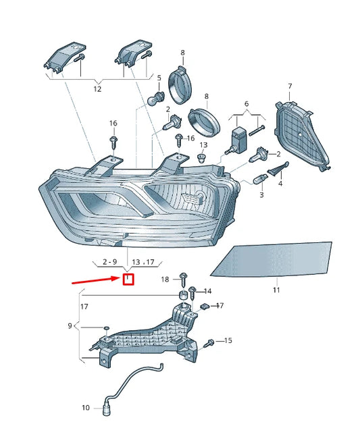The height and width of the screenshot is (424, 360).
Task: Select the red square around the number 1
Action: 128,279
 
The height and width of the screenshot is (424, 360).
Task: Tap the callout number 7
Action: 289,86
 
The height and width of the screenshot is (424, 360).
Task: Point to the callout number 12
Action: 97,89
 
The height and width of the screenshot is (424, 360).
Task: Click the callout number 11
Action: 276,290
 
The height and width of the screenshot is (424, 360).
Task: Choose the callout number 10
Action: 86,408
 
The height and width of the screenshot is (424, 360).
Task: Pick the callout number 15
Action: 228,341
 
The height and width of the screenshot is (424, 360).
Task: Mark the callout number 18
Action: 165,280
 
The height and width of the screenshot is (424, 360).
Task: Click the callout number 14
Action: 207,291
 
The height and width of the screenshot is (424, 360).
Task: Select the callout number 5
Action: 159,78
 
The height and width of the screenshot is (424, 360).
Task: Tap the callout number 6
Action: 247,104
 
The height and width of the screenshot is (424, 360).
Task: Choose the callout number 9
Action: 70,326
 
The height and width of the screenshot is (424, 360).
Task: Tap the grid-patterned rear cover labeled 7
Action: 297,135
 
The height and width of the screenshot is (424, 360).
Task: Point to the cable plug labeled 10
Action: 106,407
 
